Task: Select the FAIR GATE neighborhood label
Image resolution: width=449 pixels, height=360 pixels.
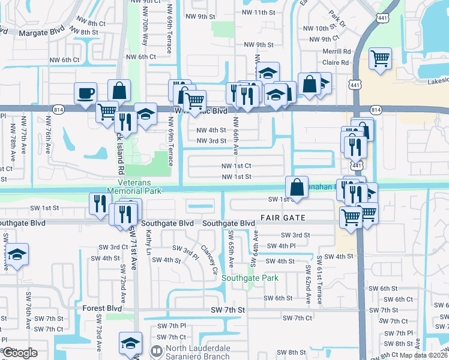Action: tap(283, 218)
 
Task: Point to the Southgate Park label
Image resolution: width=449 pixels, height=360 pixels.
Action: tap(250, 278)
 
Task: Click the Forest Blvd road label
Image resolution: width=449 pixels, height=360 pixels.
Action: tap(97, 308)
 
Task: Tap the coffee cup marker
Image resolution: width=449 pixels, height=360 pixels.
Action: tap(85, 93)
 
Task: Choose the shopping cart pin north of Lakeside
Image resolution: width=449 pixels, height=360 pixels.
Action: tap(379, 59)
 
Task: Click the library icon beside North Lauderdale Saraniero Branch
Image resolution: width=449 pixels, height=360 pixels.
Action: tap(157, 350)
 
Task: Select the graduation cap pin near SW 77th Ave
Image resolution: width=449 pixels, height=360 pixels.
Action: tap(17, 254)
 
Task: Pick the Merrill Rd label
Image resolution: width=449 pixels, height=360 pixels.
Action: tap(336, 52)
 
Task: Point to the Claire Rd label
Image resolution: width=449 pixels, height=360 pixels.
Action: tap(336, 62)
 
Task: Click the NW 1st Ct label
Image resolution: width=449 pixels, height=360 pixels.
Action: tap(237, 166)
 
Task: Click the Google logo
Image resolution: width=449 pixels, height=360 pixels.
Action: tap(20, 353)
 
